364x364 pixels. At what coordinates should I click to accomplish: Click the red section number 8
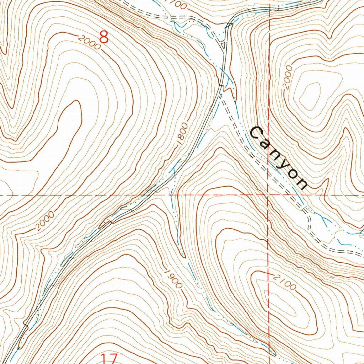point(103,37)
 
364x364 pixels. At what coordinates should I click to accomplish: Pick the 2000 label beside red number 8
point(87,41)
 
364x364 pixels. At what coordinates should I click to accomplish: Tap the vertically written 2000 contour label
point(288,77)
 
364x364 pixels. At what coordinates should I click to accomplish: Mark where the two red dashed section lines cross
point(268,195)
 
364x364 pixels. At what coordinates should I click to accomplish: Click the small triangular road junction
point(223,45)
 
